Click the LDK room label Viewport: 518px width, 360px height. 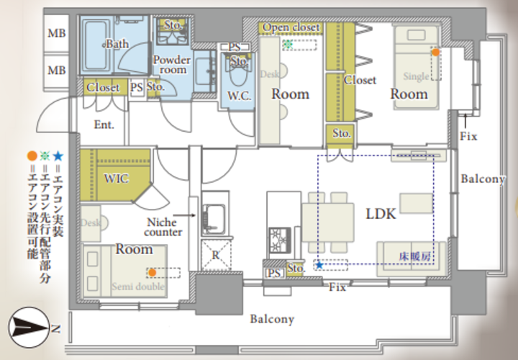pos(381,214)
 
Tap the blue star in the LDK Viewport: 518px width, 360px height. pos(319,265)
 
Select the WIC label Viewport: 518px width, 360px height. pos(116,179)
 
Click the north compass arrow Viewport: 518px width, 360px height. pos(29,328)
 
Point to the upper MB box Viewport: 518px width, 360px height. pos(57,33)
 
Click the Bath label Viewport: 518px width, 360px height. pos(117,44)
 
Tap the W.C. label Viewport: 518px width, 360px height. pos(239,96)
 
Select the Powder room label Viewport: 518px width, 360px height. pos(172,65)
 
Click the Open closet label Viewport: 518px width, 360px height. pos(291,27)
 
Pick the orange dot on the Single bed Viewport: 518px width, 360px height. pos(436,53)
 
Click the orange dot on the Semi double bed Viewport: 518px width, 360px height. pos(152,272)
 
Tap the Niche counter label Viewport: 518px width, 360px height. pos(163,227)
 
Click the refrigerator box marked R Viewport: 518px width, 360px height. pos(216,255)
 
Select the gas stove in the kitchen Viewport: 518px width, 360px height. pos(280,240)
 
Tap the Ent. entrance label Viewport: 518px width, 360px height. pos(104,125)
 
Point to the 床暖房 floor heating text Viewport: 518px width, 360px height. pos(414,256)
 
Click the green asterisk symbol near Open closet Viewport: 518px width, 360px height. pos(288,45)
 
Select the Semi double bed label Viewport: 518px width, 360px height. pos(138,287)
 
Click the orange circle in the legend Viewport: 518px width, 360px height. pos(32,156)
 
